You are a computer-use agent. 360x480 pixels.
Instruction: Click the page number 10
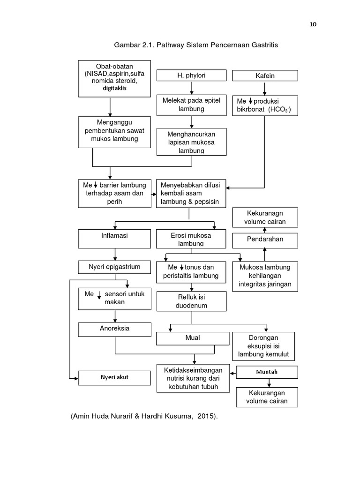click(x=312, y=25)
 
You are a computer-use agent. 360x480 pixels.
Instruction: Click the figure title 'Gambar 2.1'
click(x=135, y=45)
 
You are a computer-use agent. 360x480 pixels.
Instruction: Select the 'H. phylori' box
click(x=192, y=75)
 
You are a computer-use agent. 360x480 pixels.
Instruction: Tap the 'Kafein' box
click(x=265, y=75)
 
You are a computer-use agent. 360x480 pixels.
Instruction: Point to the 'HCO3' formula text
click(x=279, y=109)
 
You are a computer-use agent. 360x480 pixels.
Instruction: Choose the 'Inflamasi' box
click(x=115, y=238)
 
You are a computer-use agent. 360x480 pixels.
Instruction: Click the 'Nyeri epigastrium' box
click(x=115, y=267)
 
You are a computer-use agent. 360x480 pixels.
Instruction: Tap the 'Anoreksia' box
click(x=115, y=329)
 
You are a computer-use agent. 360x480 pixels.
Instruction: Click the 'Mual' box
click(x=192, y=338)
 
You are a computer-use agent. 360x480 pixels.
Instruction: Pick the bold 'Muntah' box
click(x=267, y=372)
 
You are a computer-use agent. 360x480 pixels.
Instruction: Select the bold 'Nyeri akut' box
click(x=115, y=377)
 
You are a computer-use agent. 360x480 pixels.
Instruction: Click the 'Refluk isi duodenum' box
click(x=192, y=301)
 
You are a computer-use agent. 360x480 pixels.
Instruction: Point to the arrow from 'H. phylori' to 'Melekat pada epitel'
click(x=192, y=88)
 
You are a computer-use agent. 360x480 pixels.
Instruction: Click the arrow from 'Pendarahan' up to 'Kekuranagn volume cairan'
click(x=265, y=230)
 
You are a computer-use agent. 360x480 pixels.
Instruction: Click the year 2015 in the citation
click(x=205, y=416)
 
